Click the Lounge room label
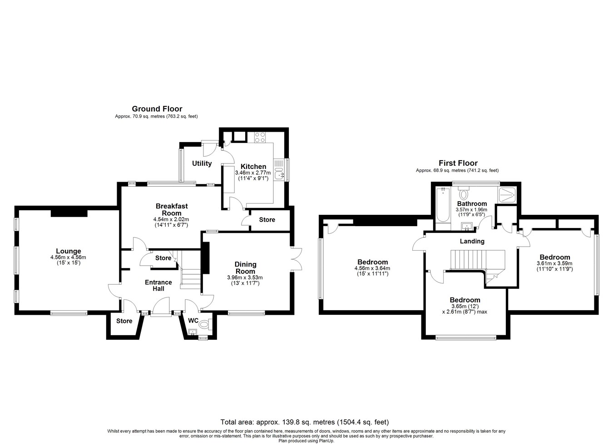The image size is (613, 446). tap(69, 251)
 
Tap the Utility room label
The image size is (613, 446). tap(202, 164)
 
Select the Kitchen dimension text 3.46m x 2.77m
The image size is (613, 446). tap(253, 173)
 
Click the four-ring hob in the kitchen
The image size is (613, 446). tap(260, 137)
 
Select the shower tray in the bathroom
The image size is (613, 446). tap(507, 195)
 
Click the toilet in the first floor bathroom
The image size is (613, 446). tap(464, 193)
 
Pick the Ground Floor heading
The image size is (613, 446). tap(157, 109)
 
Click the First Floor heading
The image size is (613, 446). tap(458, 163)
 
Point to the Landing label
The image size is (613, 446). tap(472, 241)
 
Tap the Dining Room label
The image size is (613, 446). tap(246, 268)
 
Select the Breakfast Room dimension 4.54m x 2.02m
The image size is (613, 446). tap(171, 219)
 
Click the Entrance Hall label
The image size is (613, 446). tap(158, 285)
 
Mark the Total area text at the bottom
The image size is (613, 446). tap(305, 422)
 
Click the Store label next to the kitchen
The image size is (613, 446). tap(267, 219)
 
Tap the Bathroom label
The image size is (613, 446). tap(472, 204)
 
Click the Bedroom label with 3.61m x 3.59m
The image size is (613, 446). tap(555, 257)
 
